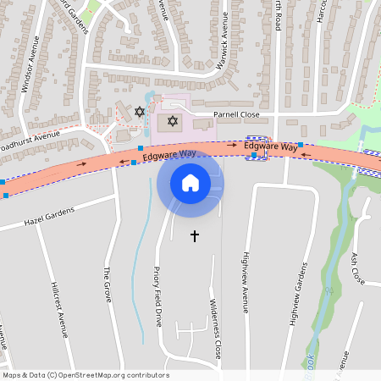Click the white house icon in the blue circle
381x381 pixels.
190,183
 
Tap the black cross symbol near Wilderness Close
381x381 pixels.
195,235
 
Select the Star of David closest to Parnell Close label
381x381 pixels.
173,121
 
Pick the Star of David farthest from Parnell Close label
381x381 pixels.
140,110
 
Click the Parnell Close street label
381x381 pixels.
236,113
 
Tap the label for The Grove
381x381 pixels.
108,286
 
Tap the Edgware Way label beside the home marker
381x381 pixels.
169,155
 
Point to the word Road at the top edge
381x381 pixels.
277,17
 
